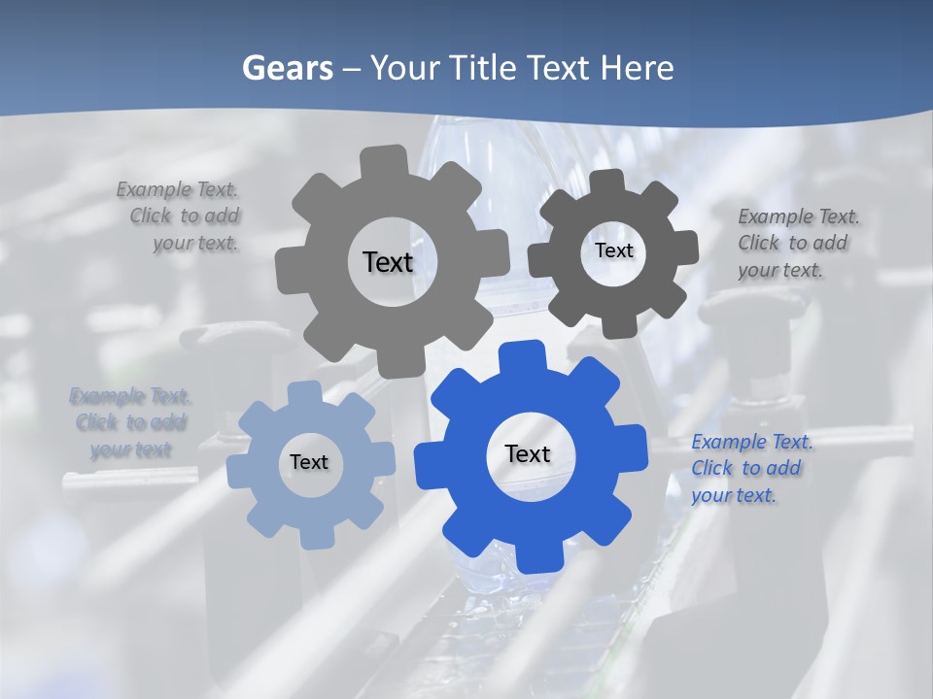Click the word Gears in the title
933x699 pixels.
tap(288, 68)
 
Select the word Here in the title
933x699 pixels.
tap(638, 68)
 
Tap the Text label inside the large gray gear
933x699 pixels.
tap(388, 262)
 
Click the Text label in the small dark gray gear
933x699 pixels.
tap(613, 250)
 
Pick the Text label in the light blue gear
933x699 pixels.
tap(309, 462)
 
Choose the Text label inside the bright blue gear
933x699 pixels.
tap(528, 453)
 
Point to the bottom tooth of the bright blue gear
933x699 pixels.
tap(537, 558)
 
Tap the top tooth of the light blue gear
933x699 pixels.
tap(303, 392)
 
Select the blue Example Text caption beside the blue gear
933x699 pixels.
tap(751, 469)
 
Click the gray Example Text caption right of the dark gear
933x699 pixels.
tap(798, 244)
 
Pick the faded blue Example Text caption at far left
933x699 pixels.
tap(130, 423)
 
